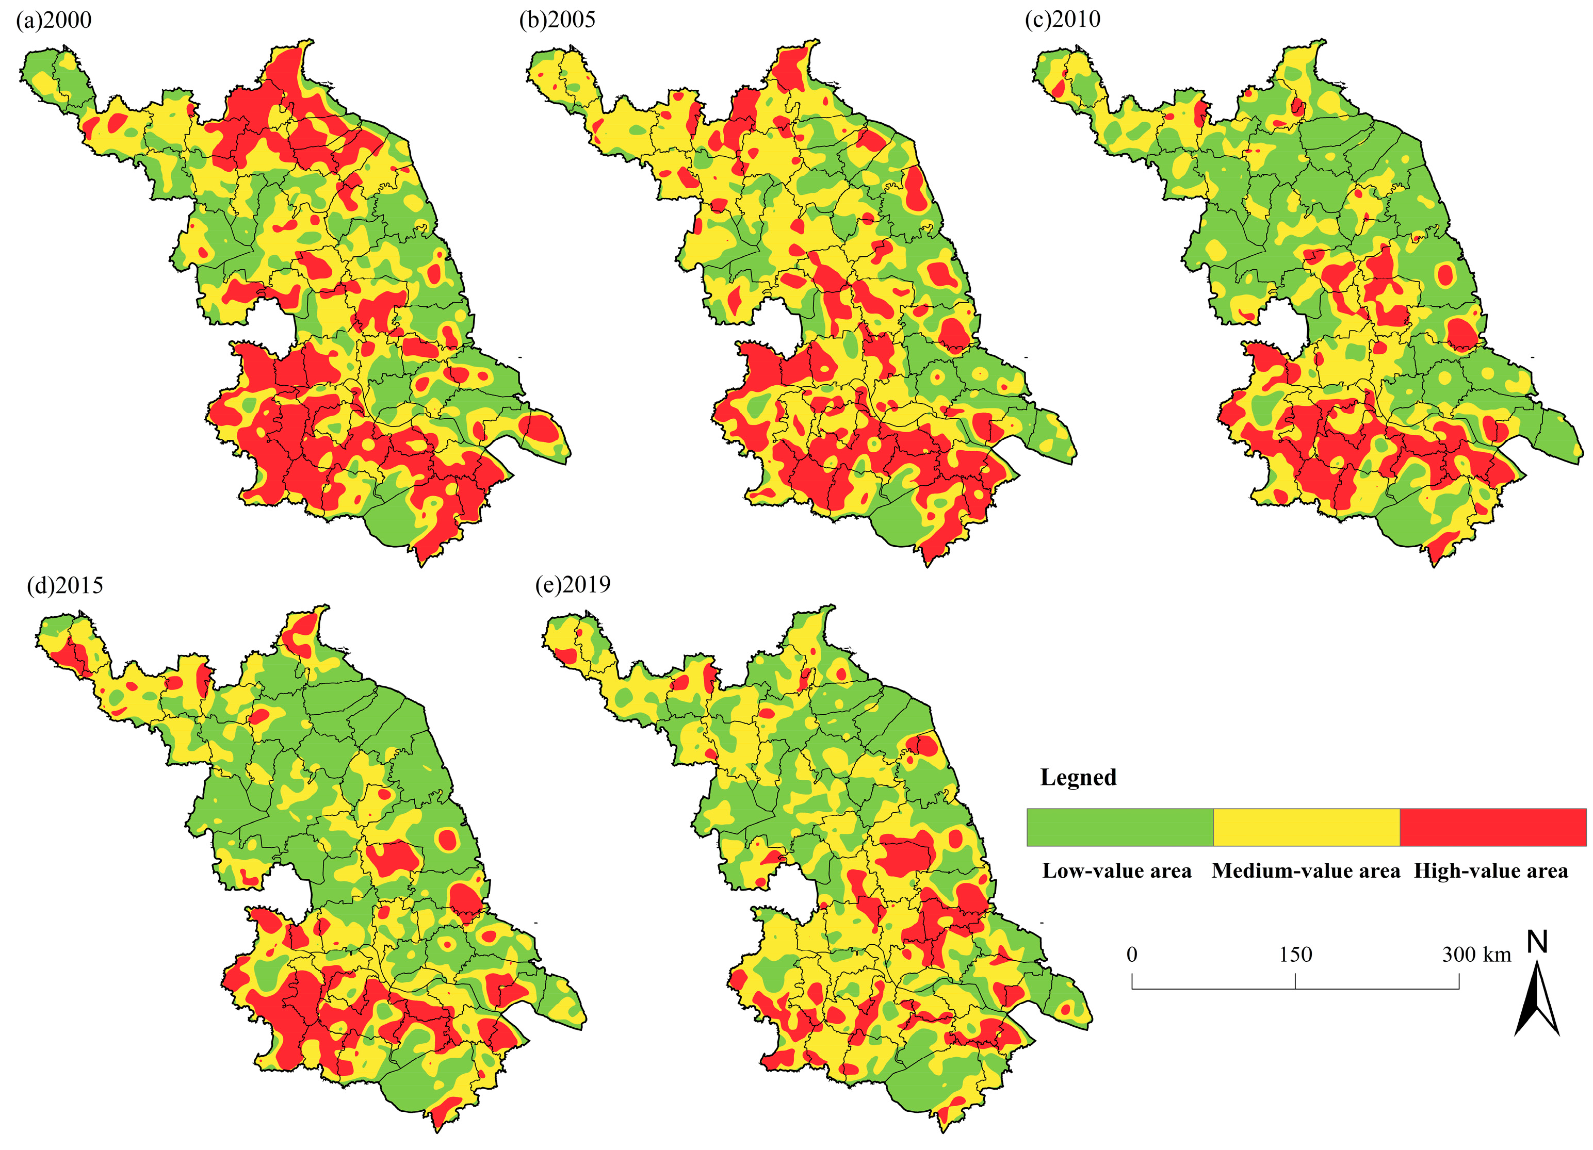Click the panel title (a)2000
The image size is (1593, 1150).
coord(54,20)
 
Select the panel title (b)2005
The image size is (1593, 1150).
coord(557,20)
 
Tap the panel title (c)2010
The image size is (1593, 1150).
coord(1063,20)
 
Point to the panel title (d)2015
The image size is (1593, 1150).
coord(64,585)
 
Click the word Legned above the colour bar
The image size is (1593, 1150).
coord(1078,777)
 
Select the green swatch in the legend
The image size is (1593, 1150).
coord(1119,827)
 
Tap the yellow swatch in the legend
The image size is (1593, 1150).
coord(1306,827)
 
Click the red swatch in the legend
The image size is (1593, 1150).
coord(1492,827)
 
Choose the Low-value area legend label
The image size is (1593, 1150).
coord(1117,872)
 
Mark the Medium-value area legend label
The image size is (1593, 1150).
coord(1306,872)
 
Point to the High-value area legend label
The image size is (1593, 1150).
coord(1490,872)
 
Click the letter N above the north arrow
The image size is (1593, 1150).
coord(1537,942)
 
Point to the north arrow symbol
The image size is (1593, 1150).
coord(1537,1000)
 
